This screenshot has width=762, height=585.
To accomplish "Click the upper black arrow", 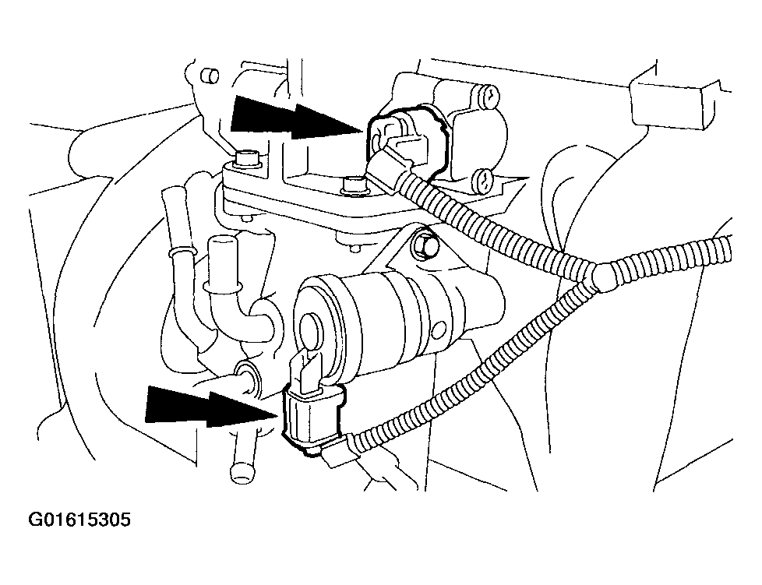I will coord(296,118).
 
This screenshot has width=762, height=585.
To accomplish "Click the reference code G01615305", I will coord(79,520).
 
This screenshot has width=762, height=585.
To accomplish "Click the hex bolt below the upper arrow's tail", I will coord(247,158).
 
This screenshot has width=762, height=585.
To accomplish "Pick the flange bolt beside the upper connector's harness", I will coord(353,185).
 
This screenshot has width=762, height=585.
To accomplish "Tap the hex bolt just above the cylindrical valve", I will coord(425,246).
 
